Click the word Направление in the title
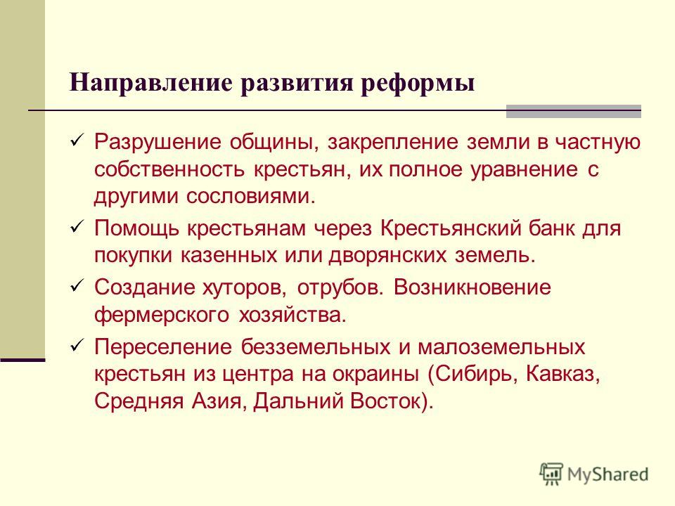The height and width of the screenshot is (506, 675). tap(151, 83)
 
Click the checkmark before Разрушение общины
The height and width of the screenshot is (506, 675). tap(76, 141)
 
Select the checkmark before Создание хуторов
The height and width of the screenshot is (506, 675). tap(76, 286)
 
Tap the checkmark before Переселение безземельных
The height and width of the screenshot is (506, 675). tap(76, 345)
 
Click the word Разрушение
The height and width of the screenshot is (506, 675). tap(158, 143)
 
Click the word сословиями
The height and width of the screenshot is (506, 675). tap(250, 196)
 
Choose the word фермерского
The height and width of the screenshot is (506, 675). tap(162, 315)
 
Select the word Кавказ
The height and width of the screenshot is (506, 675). tap(562, 373)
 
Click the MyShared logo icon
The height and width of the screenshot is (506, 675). tap(551, 474)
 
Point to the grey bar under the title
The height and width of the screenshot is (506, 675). tap(574, 112)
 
